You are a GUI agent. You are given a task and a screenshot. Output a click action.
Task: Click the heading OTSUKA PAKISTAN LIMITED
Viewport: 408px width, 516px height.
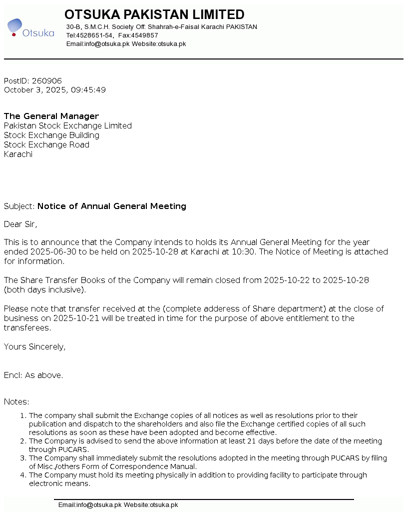click(154, 14)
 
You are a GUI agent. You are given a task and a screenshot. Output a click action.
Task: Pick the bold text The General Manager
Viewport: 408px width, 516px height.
click(51, 116)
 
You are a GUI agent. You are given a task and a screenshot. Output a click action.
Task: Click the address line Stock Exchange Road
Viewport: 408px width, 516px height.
click(46, 144)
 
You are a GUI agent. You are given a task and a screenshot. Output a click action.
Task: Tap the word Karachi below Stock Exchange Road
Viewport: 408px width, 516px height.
click(18, 154)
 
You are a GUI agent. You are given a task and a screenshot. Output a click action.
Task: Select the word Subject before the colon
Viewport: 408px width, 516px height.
click(18, 206)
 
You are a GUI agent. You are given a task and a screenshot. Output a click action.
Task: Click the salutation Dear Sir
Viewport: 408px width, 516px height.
click(20, 224)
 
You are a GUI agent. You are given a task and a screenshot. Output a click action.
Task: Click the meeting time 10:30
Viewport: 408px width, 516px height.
click(244, 251)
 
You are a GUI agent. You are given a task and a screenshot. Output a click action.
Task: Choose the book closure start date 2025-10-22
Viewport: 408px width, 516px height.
click(287, 280)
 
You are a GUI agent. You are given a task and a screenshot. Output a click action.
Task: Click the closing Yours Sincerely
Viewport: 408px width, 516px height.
click(34, 346)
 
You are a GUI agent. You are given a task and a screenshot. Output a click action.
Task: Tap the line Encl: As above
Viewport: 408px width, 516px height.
click(33, 375)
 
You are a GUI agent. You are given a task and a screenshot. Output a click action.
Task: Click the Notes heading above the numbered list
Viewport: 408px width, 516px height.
click(16, 401)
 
